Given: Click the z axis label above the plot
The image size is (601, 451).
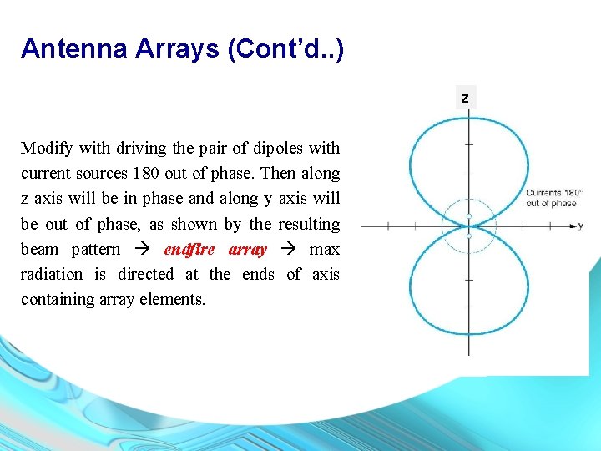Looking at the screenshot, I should coord(465,99).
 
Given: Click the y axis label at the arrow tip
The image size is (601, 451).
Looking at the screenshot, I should coord(580,225).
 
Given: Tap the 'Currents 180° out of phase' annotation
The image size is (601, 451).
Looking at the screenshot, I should coord(553,198).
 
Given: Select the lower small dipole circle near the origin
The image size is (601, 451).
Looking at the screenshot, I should coord(469,236).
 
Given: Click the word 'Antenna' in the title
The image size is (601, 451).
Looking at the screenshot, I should coord(73,48).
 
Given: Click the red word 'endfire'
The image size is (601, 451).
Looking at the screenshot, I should coord(191,250).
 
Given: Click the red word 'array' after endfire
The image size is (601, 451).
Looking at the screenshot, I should coord(248,250).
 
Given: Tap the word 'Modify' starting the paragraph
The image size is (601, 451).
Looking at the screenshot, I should coord(46,149).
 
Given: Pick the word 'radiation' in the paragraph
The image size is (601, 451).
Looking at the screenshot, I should coord(52,275).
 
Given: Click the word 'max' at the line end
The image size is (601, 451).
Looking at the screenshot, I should coord(324,250).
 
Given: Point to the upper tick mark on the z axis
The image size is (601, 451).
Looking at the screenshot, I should coord(469,144).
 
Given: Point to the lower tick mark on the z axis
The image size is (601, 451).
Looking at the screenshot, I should coord(469,281).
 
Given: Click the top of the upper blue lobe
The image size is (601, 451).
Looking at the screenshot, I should coord(469,118).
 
